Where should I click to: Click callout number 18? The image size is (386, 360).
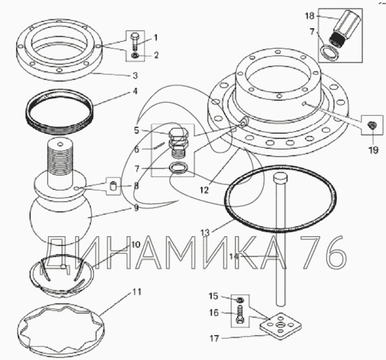coord(310,16)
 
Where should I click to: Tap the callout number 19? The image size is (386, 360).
coord(373,150)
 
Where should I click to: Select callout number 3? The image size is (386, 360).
coord(135,76)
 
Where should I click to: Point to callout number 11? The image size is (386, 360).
coord(137,292)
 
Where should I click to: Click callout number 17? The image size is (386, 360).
coord(214,339)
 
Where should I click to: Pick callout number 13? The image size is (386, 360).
coord(205,233)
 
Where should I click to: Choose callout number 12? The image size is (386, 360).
coord(204,190)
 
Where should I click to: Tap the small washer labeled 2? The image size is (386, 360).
coord(135,56)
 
